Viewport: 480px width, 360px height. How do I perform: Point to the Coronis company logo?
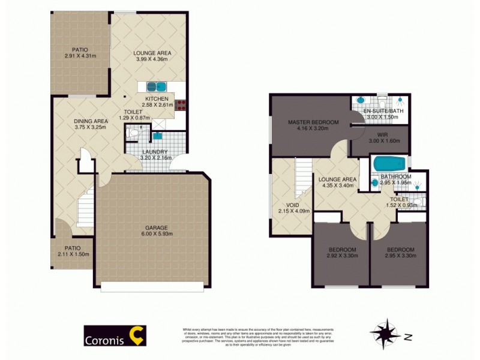click(x=115, y=336)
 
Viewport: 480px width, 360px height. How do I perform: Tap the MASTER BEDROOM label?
click(x=313, y=122)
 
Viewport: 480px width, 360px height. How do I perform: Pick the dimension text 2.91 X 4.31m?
click(x=80, y=56)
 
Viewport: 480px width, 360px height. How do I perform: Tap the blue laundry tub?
click(x=158, y=136)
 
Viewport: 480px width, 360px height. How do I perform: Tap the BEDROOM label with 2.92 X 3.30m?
click(x=342, y=250)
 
